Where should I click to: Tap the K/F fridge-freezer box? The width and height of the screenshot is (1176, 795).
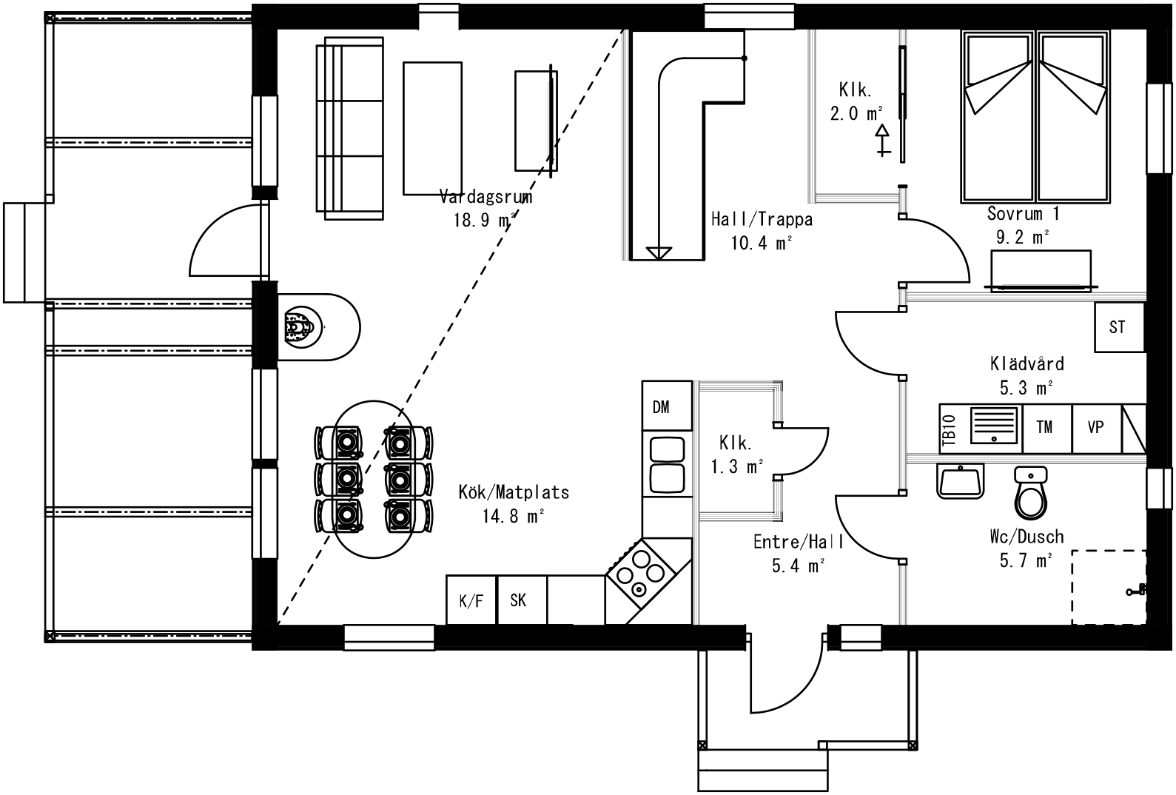pos(471,600)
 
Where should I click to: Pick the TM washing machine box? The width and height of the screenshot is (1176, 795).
pos(1046,428)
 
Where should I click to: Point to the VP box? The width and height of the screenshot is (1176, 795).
pos(1096,428)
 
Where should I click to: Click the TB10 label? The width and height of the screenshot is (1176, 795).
pos(950,431)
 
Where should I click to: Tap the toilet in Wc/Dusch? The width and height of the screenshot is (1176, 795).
pos(1029,492)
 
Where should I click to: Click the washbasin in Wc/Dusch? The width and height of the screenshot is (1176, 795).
pos(960,481)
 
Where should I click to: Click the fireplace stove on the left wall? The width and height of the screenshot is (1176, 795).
pos(302,327)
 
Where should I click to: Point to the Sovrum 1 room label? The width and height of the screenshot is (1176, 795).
pos(1023,214)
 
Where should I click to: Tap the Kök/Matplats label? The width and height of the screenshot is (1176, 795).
pos(514,492)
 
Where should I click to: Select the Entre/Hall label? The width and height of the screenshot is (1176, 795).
pos(798,542)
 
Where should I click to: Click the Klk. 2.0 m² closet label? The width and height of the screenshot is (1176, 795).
pos(856,102)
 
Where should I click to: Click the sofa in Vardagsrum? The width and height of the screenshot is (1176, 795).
pos(349,129)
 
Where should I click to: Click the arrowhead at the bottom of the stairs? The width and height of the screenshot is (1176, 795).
pos(662,252)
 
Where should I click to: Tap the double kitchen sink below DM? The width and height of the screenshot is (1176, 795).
pos(666,465)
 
